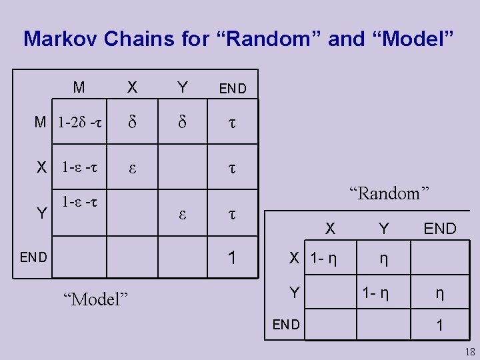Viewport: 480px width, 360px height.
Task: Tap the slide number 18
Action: (x=468, y=352)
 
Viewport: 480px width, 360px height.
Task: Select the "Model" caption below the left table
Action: (x=93, y=298)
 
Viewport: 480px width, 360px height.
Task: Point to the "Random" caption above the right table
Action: (x=389, y=194)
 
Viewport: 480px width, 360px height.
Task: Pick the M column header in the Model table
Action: (x=79, y=87)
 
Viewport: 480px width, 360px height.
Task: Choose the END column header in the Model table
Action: (x=233, y=89)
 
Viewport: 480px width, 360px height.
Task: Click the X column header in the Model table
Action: (x=132, y=87)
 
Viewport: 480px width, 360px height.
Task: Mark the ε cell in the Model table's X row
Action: (x=132, y=167)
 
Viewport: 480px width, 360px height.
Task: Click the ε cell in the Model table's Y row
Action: (x=182, y=215)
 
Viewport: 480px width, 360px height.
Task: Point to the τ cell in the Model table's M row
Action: (x=232, y=123)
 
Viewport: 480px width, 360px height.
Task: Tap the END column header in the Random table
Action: (x=440, y=229)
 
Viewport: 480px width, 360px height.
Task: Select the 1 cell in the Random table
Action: (x=439, y=325)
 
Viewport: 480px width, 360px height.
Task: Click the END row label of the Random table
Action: (x=286, y=325)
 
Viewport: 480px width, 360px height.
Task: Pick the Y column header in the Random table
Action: (x=383, y=229)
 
